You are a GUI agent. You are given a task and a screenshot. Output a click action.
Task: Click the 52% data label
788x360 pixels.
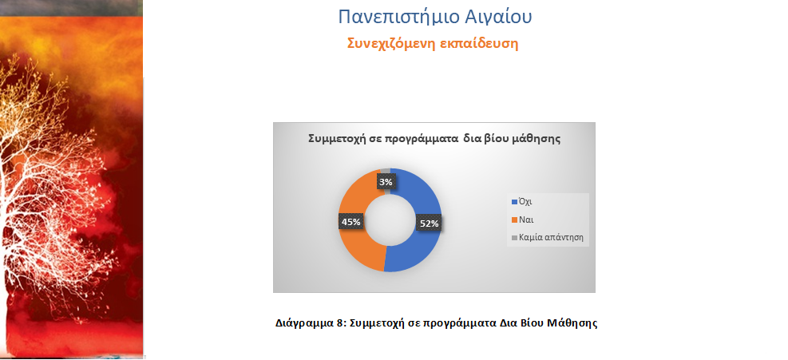point(429,224)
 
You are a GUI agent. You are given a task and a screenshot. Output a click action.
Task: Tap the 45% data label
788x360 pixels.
point(350,221)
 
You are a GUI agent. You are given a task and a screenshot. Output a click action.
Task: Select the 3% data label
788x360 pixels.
point(386,183)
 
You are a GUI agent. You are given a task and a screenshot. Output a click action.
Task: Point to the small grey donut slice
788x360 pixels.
point(386,172)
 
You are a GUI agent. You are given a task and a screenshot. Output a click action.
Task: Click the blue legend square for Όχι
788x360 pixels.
point(514,202)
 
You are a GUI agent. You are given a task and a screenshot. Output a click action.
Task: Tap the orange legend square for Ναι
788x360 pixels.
point(514,220)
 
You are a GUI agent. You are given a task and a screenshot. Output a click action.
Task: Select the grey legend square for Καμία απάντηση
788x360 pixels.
point(514,238)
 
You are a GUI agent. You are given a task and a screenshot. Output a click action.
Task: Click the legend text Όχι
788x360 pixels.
point(525,202)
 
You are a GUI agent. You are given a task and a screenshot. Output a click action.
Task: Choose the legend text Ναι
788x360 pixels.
point(526,220)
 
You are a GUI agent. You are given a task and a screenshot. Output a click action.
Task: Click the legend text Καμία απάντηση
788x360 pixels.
point(552,237)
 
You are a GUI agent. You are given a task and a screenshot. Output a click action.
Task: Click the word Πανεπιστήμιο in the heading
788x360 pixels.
point(398,17)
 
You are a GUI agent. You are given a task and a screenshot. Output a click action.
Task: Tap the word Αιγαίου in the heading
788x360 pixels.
point(498,17)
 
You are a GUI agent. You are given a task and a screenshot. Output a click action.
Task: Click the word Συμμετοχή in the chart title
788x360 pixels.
point(334,139)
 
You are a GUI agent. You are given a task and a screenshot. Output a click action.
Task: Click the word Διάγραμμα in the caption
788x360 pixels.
point(303,323)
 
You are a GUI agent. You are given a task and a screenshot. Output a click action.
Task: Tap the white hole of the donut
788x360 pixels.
point(390,220)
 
